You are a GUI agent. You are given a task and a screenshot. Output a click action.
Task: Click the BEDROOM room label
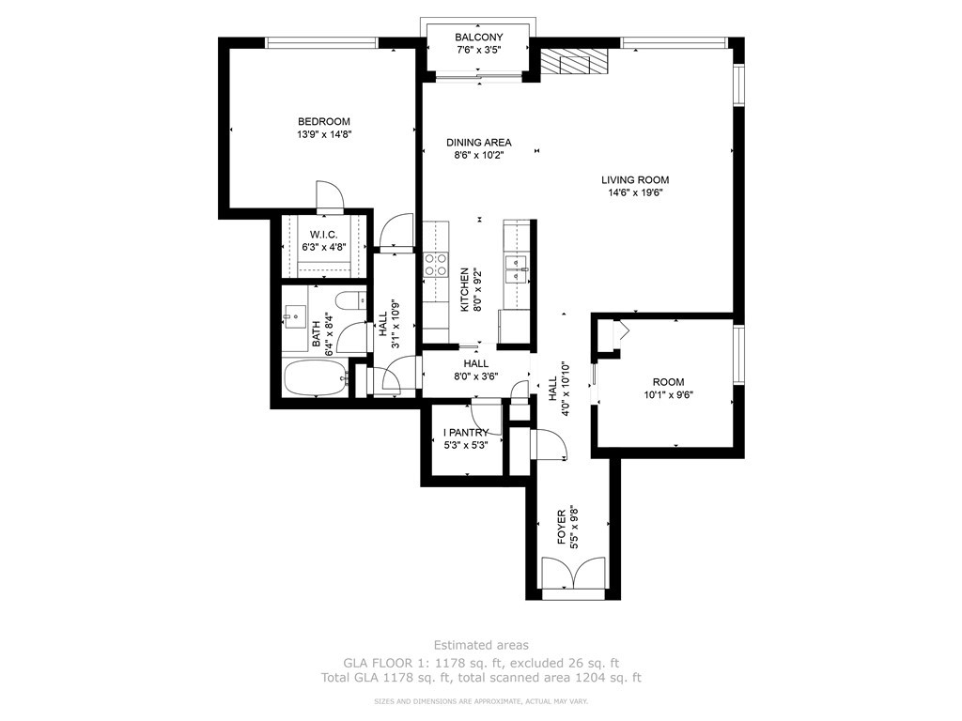pos(323,121)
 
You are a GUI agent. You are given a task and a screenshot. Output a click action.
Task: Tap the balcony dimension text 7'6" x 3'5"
pos(479,50)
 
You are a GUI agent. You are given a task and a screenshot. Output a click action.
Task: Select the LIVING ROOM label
pos(635,179)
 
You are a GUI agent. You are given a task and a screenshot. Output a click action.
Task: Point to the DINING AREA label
pos(478,143)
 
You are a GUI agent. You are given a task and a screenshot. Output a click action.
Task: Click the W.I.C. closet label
pos(323,235)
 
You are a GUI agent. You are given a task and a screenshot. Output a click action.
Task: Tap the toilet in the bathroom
pos(350,301)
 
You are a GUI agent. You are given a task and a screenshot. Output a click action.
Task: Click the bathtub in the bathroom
pos(316,377)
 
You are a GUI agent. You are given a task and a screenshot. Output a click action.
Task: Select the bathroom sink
pos(295,316)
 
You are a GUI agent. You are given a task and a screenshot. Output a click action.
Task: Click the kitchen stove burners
pos(435,264)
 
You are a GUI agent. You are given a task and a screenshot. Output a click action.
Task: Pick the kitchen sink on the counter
pos(517,269)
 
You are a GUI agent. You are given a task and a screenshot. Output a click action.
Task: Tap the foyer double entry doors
pos(573,574)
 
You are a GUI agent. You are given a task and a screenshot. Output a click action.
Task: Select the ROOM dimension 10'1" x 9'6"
pos(668,395)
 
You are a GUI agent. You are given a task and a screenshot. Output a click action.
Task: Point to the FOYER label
pos(561,528)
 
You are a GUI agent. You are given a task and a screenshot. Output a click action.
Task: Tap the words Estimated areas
pos(481,645)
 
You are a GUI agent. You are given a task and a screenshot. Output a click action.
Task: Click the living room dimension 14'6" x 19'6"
pos(635,192)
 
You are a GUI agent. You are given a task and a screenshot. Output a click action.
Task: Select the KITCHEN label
pos(464,289)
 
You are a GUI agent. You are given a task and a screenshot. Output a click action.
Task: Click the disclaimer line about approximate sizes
pos(481,700)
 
